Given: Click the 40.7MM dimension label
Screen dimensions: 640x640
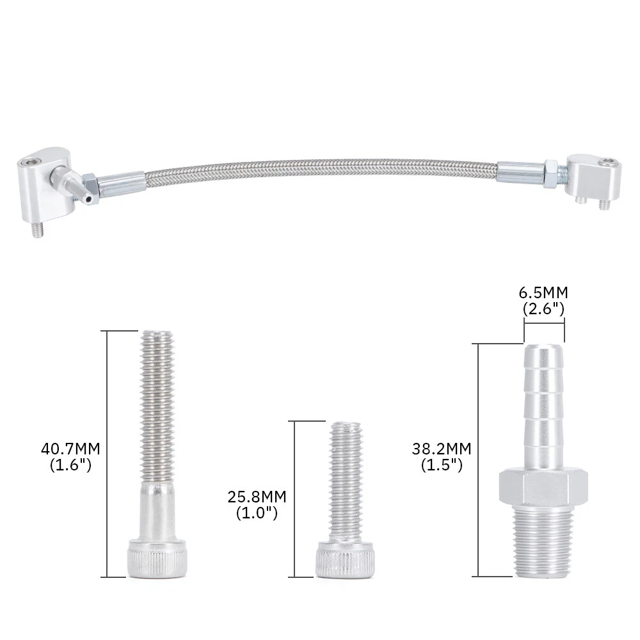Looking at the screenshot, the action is (x=70, y=449).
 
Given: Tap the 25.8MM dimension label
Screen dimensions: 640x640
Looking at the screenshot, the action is (x=257, y=497).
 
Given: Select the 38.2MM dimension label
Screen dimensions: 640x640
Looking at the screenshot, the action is (x=442, y=449).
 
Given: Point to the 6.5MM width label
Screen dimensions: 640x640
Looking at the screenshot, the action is (x=543, y=292).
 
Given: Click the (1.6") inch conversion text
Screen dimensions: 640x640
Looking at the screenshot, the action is (x=70, y=465).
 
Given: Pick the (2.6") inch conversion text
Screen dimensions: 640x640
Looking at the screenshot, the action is (x=543, y=308).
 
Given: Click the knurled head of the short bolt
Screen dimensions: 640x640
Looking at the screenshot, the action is (x=345, y=559).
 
